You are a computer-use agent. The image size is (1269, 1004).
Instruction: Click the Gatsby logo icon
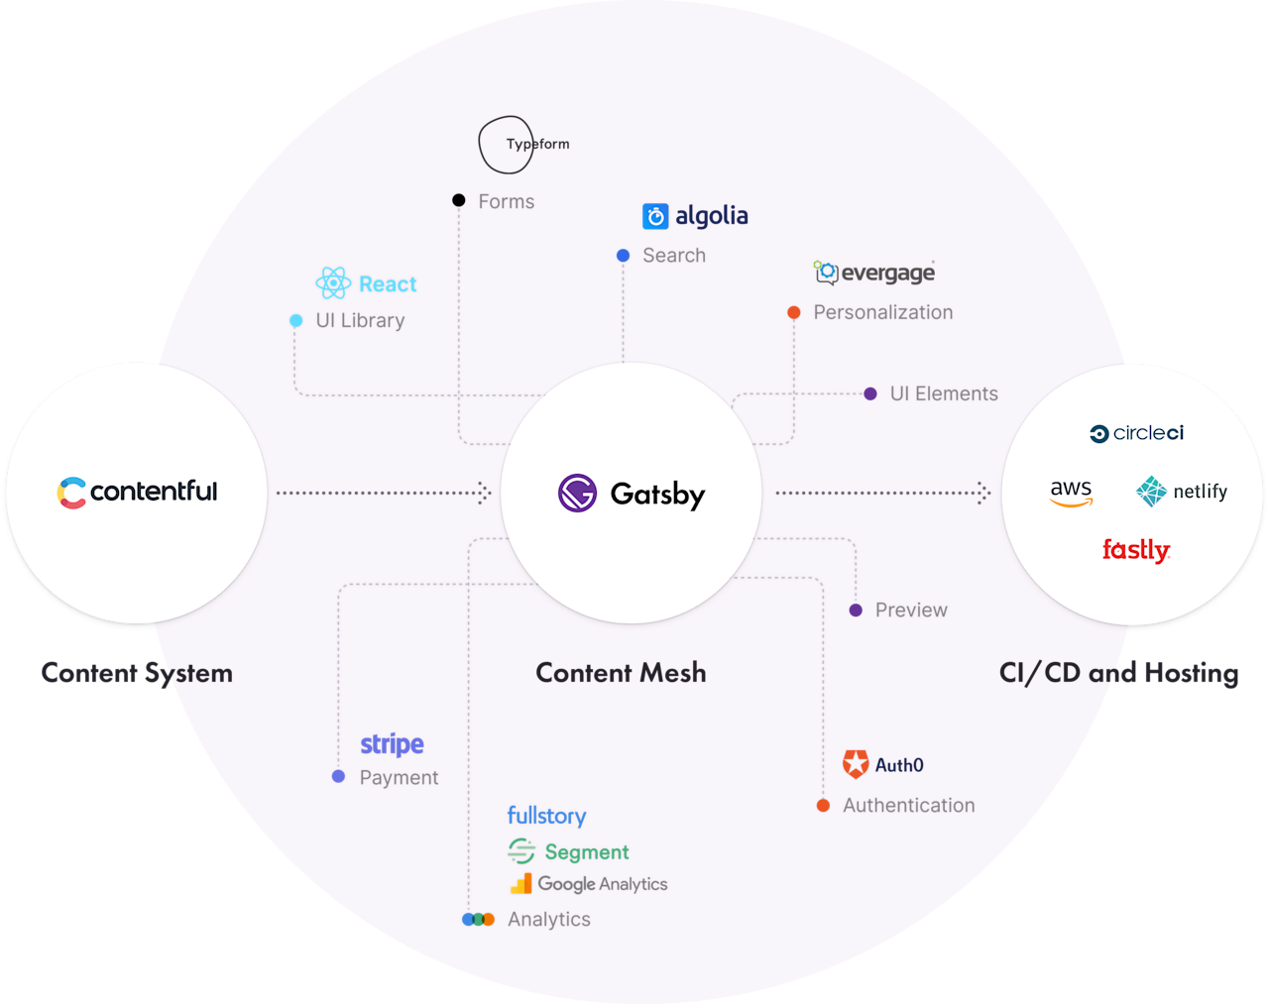pos(577,493)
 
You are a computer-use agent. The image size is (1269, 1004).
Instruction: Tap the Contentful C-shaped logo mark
pos(71,493)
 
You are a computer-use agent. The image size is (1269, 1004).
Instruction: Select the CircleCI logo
pos(1136,433)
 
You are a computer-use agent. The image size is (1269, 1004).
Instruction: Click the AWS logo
pos(1071,492)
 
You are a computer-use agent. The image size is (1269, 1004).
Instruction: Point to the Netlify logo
pos(1182,492)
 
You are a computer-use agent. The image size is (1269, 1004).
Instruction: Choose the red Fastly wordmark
pos(1136,550)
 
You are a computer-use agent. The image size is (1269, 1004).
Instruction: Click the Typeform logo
pos(523,145)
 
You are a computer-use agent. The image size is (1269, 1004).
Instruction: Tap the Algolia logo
pos(695,216)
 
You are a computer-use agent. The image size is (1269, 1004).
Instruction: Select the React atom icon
pos(333,283)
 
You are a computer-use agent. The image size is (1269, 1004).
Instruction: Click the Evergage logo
pos(873,273)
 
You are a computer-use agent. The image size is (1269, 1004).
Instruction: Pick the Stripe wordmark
pos(392,743)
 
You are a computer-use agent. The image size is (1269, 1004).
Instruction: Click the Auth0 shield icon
pos(855,764)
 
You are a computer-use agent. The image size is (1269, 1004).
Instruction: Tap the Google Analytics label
pos(602,884)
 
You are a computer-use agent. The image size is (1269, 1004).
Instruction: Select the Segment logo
pos(568,851)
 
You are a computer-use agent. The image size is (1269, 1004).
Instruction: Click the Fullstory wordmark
pos(546,816)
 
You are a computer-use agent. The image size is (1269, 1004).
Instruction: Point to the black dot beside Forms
pos(459,200)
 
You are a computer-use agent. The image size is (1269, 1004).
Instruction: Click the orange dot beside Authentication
pos(823,806)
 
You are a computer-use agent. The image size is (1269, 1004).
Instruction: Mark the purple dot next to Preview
pos(856,611)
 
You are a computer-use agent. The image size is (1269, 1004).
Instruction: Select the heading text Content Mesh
pos(621,673)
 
